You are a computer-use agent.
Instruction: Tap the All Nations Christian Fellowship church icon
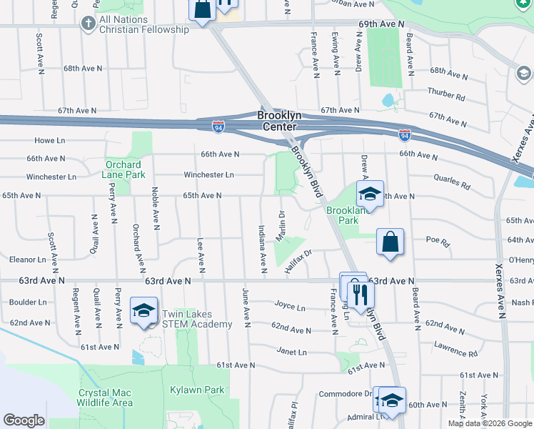(x=88, y=24)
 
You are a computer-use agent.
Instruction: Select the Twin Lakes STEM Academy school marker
(x=143, y=310)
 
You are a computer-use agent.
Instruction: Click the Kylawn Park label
(x=197, y=390)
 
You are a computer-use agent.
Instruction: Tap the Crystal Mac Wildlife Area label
(x=106, y=398)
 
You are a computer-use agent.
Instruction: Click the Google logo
(x=24, y=420)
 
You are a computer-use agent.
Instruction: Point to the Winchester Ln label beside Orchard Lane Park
(x=51, y=177)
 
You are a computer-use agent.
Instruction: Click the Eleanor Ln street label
(x=28, y=259)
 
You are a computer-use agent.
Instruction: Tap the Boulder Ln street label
(x=28, y=302)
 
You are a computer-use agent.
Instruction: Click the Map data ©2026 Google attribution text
(x=489, y=423)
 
